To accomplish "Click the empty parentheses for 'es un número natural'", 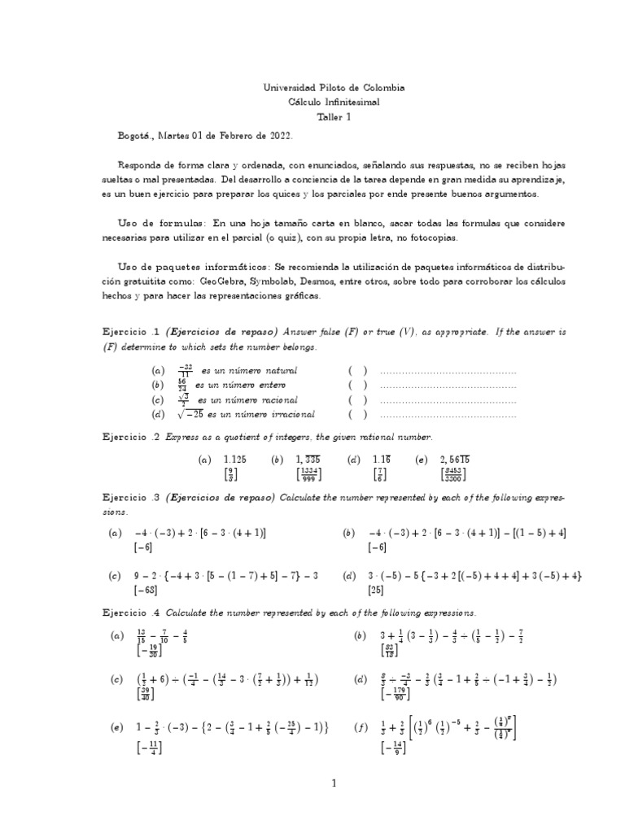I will (x=358, y=371).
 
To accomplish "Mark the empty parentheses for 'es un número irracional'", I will (x=358, y=415).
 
